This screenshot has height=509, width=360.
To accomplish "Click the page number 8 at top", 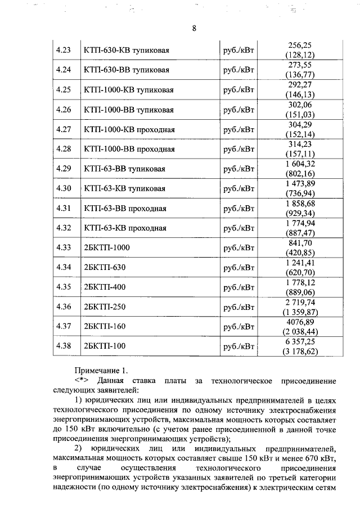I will pos(193,29).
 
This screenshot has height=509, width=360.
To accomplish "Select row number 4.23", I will pos(64,51).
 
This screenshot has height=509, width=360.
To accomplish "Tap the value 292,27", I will pos(299,85).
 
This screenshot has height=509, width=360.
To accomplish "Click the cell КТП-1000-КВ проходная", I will pos(129,129).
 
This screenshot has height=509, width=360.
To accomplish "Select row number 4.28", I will pos(64,149).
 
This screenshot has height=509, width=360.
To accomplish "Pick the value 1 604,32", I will pos(299,164).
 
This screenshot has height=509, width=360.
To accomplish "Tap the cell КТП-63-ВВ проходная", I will pos(125,208).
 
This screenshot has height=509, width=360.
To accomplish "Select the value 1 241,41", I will pos(299,262).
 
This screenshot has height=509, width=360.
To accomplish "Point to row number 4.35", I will pos(64,287).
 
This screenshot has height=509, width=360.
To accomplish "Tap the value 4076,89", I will pos(299,321).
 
